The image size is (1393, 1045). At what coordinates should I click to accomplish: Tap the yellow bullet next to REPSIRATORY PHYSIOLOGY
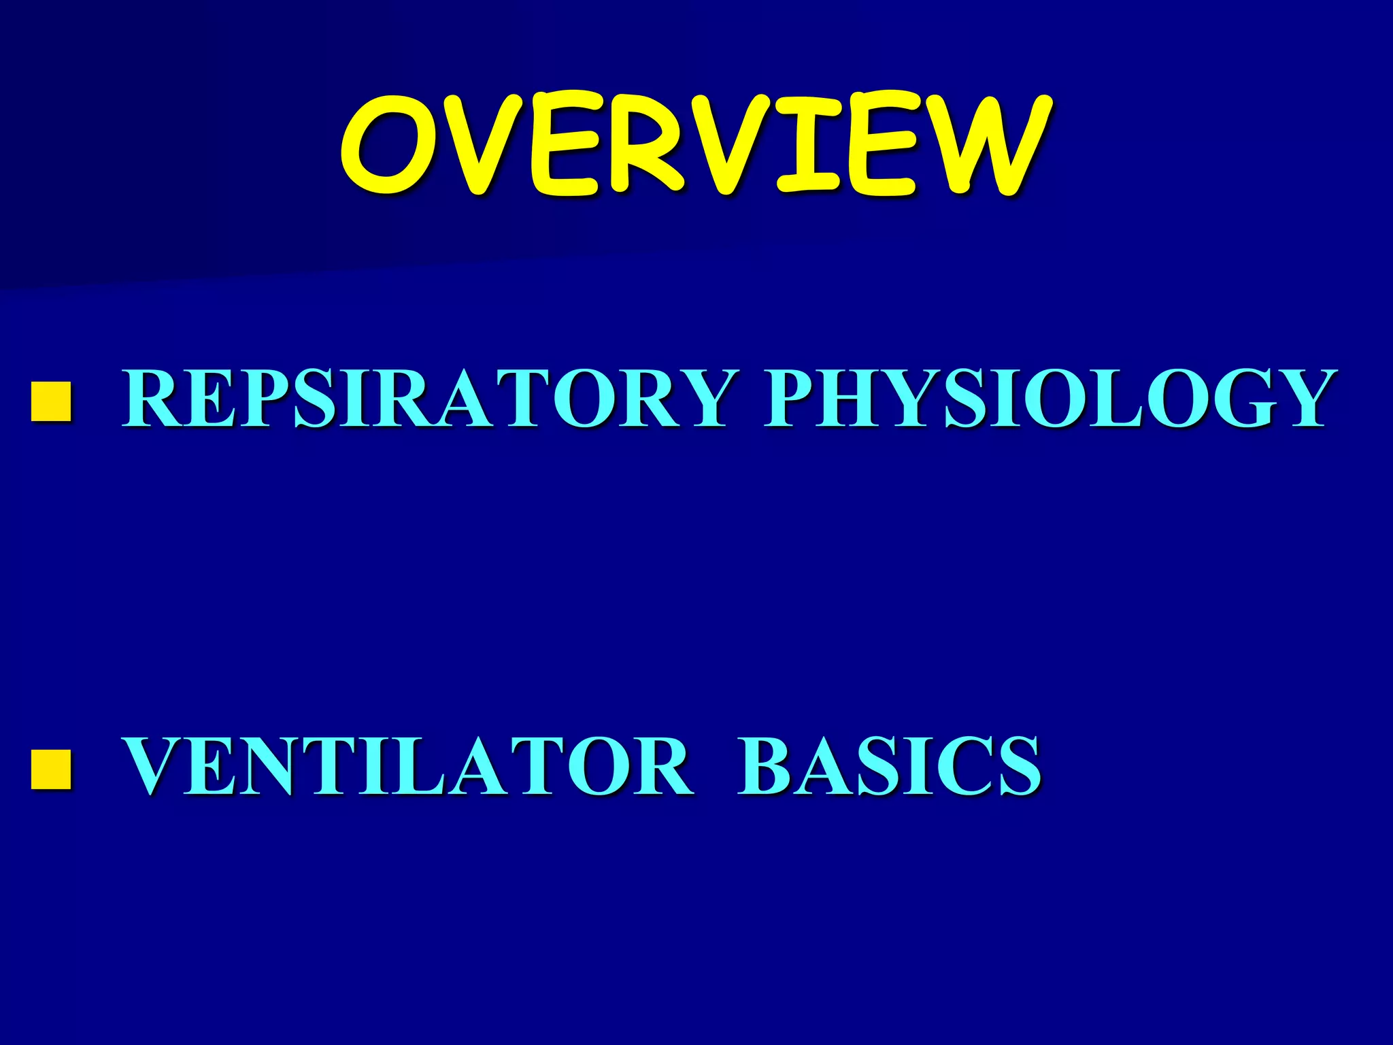[51, 401]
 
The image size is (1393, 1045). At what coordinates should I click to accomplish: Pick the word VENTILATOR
[408, 767]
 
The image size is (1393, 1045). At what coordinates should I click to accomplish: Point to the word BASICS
[890, 767]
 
